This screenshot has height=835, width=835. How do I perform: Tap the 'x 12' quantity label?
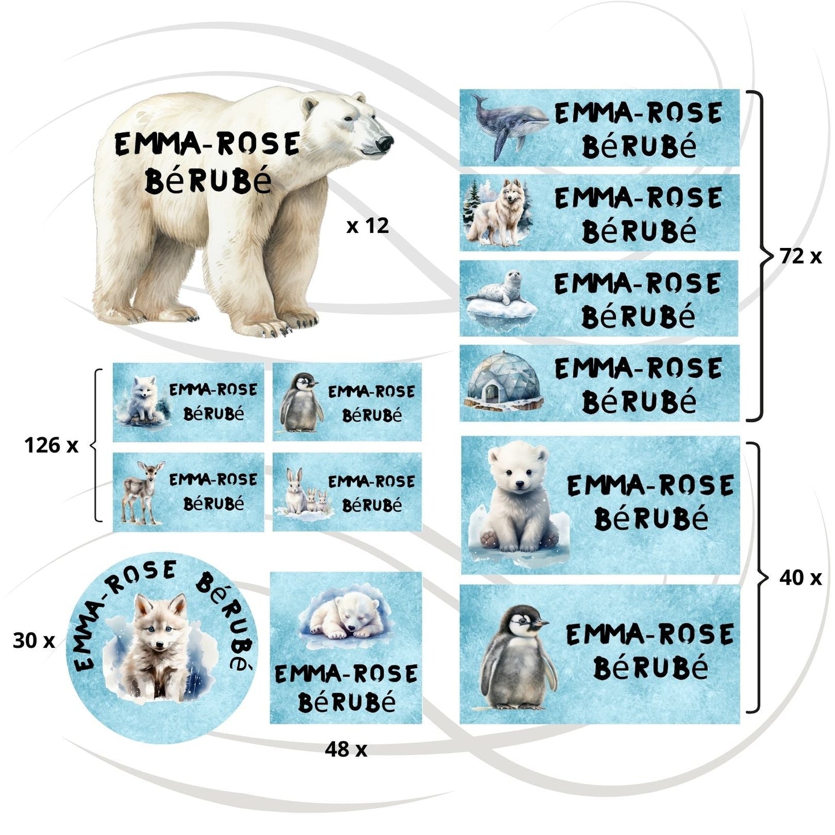[368, 226]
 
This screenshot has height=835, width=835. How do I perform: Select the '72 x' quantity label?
[800, 255]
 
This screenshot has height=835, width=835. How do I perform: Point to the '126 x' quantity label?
[51, 445]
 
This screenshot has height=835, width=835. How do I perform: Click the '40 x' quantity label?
[800, 577]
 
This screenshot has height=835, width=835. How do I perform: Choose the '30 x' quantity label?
[34, 640]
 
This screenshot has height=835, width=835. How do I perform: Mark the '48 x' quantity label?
[346, 749]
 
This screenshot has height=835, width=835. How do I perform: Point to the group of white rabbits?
[304, 493]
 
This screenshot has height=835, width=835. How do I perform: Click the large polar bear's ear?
[310, 106]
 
